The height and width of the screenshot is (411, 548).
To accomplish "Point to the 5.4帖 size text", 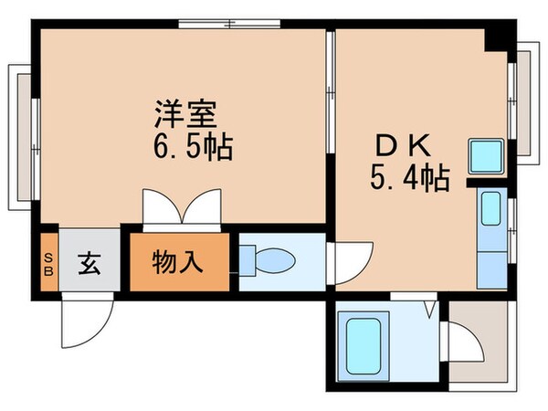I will click(x=409, y=177).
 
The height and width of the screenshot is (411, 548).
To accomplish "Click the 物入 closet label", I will click(x=177, y=262).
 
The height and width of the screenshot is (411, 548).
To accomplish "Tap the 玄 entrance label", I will click(x=89, y=262).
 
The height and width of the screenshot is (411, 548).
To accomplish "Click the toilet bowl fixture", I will click(x=270, y=261).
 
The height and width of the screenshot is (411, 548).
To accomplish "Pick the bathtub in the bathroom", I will click(x=363, y=345).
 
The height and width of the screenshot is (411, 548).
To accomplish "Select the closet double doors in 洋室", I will click(x=183, y=208).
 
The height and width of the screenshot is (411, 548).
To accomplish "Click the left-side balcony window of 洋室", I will click(x=24, y=135).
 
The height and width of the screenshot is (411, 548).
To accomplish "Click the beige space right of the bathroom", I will click(x=475, y=342).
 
